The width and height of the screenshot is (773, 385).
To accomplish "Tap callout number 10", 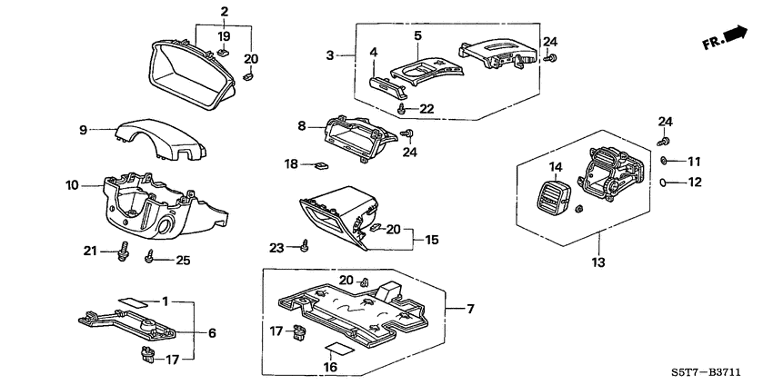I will pyautogui.click(x=72, y=185).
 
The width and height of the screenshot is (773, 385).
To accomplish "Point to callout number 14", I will pyautogui.click(x=555, y=167).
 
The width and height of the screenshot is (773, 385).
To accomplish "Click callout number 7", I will pyautogui.click(x=470, y=310).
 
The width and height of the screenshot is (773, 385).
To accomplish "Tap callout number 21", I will pyautogui.click(x=89, y=250).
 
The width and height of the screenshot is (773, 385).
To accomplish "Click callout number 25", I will pyautogui.click(x=183, y=261).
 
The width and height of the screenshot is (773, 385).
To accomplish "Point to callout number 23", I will pyautogui.click(x=277, y=246).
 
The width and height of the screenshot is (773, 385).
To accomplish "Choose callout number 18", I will pyautogui.click(x=291, y=164).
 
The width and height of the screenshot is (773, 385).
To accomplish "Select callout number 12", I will pyautogui.click(x=695, y=183).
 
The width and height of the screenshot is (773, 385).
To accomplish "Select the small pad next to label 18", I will pyautogui.click(x=320, y=166).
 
